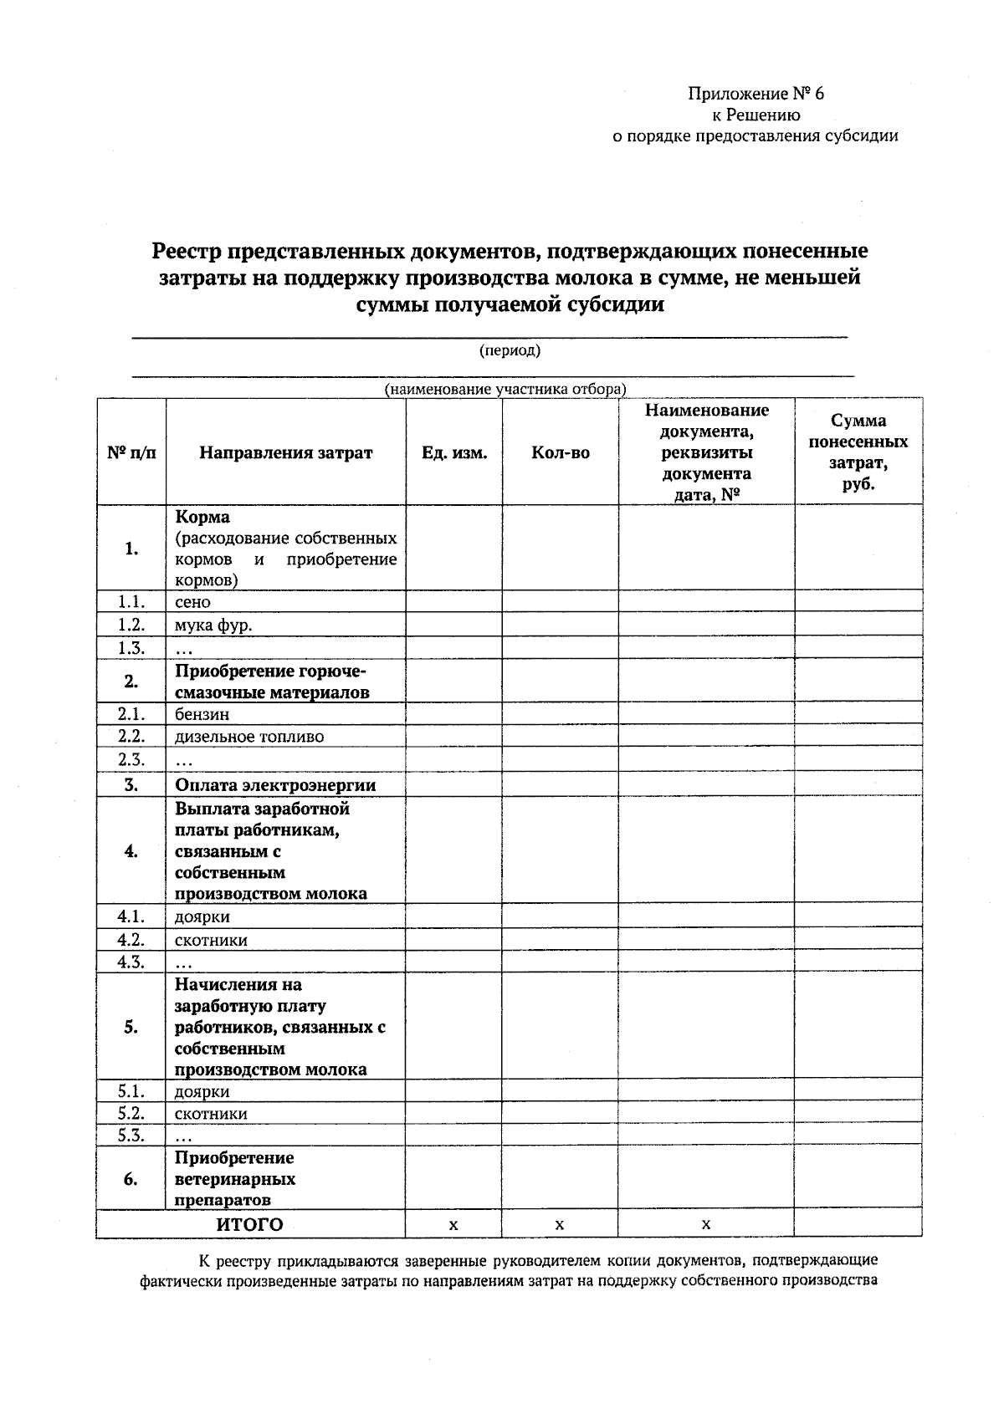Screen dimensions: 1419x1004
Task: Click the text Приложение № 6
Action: tap(756, 94)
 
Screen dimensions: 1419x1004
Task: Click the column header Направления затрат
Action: tap(285, 453)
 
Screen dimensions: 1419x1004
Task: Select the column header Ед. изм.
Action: tap(454, 453)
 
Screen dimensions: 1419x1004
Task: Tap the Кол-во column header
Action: tap(560, 453)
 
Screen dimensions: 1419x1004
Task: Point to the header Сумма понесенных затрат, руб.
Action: tap(858, 452)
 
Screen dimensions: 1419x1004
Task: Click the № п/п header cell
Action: tap(131, 453)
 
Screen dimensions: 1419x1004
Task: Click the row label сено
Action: tap(192, 602)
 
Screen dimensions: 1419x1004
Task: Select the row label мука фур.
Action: tap(213, 625)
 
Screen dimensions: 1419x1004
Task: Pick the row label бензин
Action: tap(202, 714)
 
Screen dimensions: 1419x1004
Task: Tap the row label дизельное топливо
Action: tap(248, 737)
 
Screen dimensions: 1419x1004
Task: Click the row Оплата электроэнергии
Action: tap(275, 785)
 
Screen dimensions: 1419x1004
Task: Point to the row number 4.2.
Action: tap(131, 939)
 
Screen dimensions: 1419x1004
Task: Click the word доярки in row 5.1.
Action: tap(202, 1092)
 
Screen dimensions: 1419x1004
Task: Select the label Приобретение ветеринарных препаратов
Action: tap(234, 1179)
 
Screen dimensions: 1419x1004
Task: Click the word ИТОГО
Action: tap(249, 1225)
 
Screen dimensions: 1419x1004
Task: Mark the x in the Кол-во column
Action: tap(559, 1225)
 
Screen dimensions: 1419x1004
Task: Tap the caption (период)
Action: tap(510, 350)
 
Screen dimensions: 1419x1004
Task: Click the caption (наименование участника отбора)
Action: tap(505, 390)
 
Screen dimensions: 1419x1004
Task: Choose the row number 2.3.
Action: tap(131, 759)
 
